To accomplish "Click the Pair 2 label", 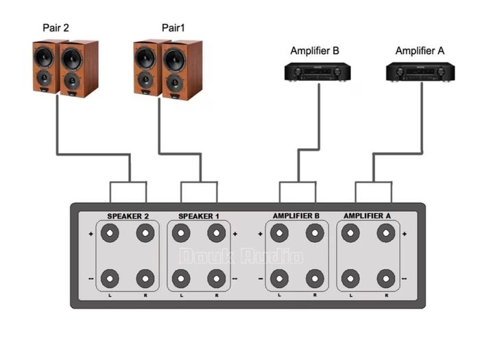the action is coord(56,28).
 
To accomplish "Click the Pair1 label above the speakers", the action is coord(173,28).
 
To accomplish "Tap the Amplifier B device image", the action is coord(317,72).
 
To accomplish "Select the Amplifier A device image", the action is coord(420,72).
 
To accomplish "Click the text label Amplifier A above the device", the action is coord(420,51).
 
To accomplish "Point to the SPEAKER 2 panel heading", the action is coord(128,216).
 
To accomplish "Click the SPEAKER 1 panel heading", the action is coord(199,216).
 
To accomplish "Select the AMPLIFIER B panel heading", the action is coord(296,216).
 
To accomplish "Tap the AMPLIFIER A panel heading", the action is coord(367,216).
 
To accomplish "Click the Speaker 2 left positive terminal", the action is coord(110,233).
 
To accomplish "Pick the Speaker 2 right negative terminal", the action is coord(145,279).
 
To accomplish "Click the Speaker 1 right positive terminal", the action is coord(217,233).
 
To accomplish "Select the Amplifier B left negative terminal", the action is coord(279,279).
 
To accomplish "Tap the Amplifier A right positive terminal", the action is coord(386,233).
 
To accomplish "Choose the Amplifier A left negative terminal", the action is coord(350,279).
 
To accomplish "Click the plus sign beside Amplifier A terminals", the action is coord(405,234).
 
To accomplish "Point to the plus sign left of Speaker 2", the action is coord(91,234).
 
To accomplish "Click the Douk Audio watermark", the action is coord(241,256).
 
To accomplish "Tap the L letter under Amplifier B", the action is coord(279,295).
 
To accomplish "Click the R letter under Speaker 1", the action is coord(217,296).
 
